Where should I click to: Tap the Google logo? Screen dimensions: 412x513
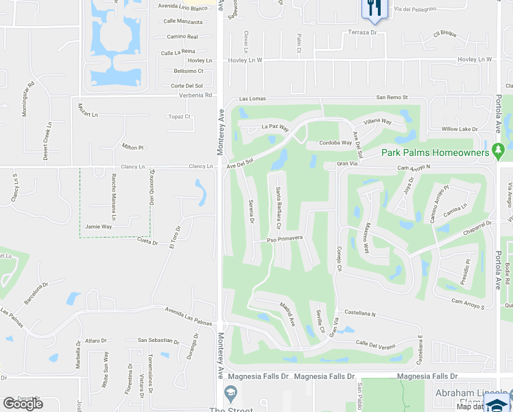point(23,403)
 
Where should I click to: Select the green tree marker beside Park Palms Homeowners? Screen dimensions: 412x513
point(499,150)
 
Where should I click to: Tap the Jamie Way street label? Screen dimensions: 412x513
point(98,226)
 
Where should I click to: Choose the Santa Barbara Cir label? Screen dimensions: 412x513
point(279,208)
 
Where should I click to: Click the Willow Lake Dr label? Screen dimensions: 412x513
point(459,129)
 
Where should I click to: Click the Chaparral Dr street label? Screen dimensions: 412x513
point(478,227)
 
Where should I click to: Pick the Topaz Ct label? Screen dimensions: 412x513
point(179,117)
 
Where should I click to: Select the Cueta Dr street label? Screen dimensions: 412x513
point(147,242)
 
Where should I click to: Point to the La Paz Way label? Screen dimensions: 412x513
point(275,128)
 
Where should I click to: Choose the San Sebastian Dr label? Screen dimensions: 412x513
point(158,340)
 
